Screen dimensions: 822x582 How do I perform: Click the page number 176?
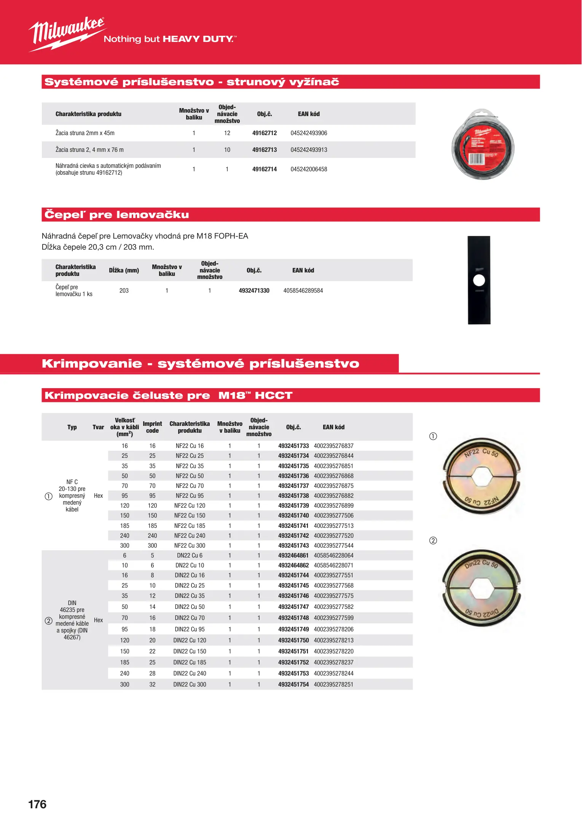[37, 804]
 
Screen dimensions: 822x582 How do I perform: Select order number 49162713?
[265, 150]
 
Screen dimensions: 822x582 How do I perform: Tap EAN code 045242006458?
[309, 169]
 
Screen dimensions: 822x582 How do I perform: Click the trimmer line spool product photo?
[483, 145]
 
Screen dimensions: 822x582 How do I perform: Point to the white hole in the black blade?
[479, 280]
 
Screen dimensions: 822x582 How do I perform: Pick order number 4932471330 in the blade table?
[254, 291]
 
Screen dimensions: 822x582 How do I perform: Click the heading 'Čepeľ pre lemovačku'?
[116, 215]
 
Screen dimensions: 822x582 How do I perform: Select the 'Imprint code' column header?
[152, 427]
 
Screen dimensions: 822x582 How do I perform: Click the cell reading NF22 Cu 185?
[190, 526]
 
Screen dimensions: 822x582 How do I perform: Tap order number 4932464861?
[293, 556]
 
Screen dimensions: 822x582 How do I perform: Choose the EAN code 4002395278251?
[333, 685]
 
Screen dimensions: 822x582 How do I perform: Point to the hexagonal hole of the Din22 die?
[482, 588]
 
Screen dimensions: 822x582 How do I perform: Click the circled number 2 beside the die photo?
[433, 541]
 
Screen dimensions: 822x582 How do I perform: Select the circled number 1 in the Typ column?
[49, 496]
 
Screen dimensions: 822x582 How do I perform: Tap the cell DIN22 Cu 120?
[190, 640]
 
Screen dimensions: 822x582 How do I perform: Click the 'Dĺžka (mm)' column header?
[124, 271]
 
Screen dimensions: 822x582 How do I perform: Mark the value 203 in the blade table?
[124, 291]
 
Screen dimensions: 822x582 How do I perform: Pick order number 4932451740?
[293, 516]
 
